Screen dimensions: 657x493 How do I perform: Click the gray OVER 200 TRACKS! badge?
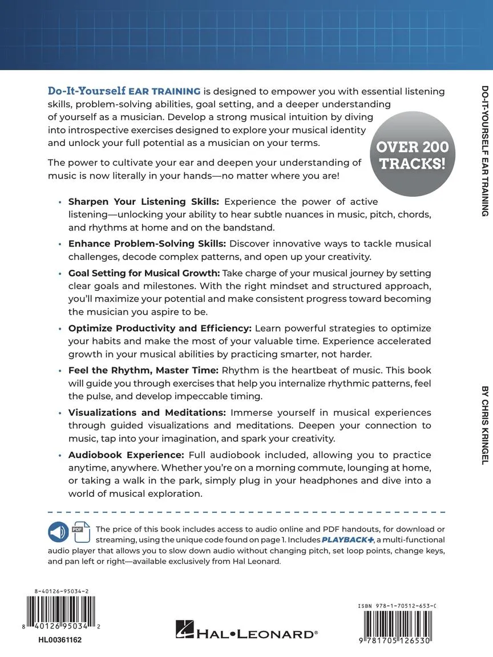[413, 155]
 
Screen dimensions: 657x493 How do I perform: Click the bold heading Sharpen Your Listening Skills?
[139, 202]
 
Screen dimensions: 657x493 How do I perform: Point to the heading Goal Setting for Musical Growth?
[143, 273]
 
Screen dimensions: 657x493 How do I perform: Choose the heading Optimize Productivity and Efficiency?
[160, 328]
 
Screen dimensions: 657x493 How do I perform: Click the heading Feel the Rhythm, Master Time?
[143, 370]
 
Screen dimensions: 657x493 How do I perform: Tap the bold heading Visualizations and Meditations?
[147, 412]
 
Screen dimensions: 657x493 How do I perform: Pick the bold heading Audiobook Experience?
[126, 455]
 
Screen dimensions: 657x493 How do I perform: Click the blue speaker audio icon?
[58, 533]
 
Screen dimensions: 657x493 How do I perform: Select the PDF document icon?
[78, 532]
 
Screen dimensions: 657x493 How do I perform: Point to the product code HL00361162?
[60, 640]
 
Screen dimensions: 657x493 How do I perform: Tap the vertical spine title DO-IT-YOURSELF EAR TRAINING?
[484, 151]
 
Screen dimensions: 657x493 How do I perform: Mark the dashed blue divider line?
[246, 512]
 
